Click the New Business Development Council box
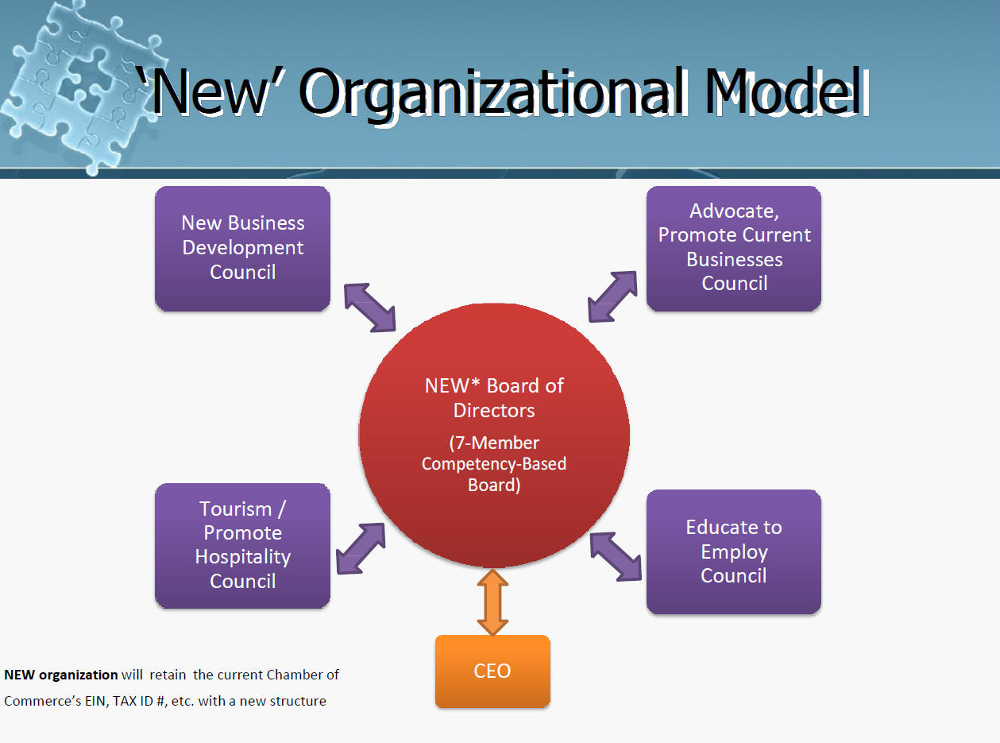tap(242, 248)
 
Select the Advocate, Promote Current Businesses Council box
tap(733, 248)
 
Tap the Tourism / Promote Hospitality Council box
tap(242, 545)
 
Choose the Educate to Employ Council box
tap(733, 551)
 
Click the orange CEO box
tap(492, 671)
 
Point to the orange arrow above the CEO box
tap(492, 602)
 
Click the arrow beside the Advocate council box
tap(612, 296)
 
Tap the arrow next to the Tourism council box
tap(361, 548)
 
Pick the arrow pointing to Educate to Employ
tap(616, 555)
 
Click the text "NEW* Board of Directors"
tap(494, 397)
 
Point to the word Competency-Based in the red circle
tap(494, 463)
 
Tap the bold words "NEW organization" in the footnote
tap(61, 675)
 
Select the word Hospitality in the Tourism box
tap(242, 557)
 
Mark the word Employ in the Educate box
tap(734, 551)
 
